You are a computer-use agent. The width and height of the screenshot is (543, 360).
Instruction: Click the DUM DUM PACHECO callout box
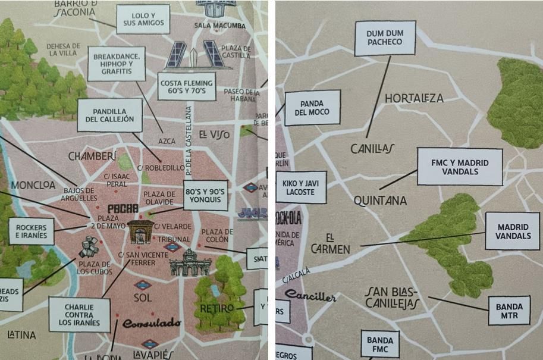(385, 38)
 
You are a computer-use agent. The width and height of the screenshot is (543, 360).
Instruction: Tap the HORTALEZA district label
(415, 98)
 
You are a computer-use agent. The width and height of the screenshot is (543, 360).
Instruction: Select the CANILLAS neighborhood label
(373, 148)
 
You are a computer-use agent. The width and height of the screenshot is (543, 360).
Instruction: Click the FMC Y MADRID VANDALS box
(459, 167)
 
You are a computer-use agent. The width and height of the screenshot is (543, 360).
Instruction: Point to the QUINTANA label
(380, 201)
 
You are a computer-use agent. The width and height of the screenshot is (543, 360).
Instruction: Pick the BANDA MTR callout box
(509, 311)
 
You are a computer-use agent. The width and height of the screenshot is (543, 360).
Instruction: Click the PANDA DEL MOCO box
(312, 108)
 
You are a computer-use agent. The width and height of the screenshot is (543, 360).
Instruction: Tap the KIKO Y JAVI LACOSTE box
(301, 187)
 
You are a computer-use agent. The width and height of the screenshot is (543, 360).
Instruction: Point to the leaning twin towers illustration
(193, 55)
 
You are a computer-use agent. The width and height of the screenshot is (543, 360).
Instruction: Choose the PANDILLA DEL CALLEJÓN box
(109, 115)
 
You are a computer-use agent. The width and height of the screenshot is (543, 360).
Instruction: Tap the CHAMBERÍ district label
(92, 156)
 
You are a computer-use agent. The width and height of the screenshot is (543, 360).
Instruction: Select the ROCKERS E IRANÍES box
(32, 231)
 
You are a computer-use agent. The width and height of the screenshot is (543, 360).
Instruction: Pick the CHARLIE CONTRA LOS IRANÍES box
(79, 316)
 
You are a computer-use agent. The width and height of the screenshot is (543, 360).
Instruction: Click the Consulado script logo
(152, 323)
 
